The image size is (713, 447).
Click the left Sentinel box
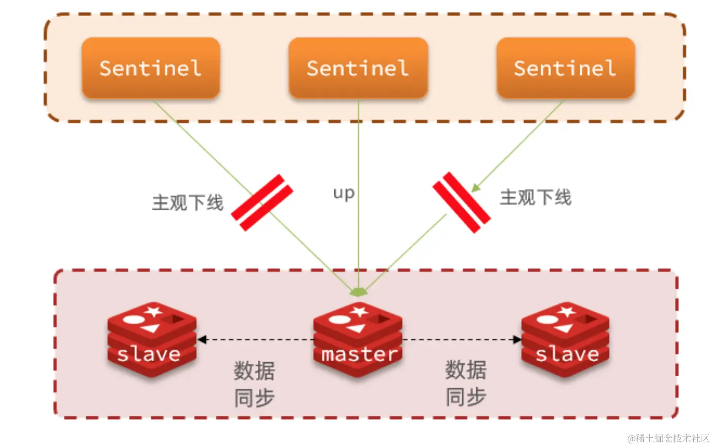(151, 68)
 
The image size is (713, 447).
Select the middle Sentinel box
(358, 68)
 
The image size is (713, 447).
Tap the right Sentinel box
(565, 68)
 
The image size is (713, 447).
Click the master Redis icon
(358, 338)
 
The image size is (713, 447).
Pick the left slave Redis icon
(152, 338)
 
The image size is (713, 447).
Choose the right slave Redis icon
(565, 338)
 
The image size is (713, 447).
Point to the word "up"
(344, 194)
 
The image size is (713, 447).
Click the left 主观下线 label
(187, 203)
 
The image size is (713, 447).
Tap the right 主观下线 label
(536, 197)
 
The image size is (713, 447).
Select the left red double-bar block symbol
(262, 203)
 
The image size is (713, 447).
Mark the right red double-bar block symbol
(461, 203)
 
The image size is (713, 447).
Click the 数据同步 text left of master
(254, 384)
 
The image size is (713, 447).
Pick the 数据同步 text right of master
(465, 384)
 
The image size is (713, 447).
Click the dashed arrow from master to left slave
(255, 340)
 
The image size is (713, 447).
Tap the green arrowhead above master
(358, 292)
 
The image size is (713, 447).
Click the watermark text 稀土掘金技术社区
(669, 438)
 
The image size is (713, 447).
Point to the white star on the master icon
(360, 312)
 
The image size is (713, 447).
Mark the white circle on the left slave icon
(132, 319)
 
